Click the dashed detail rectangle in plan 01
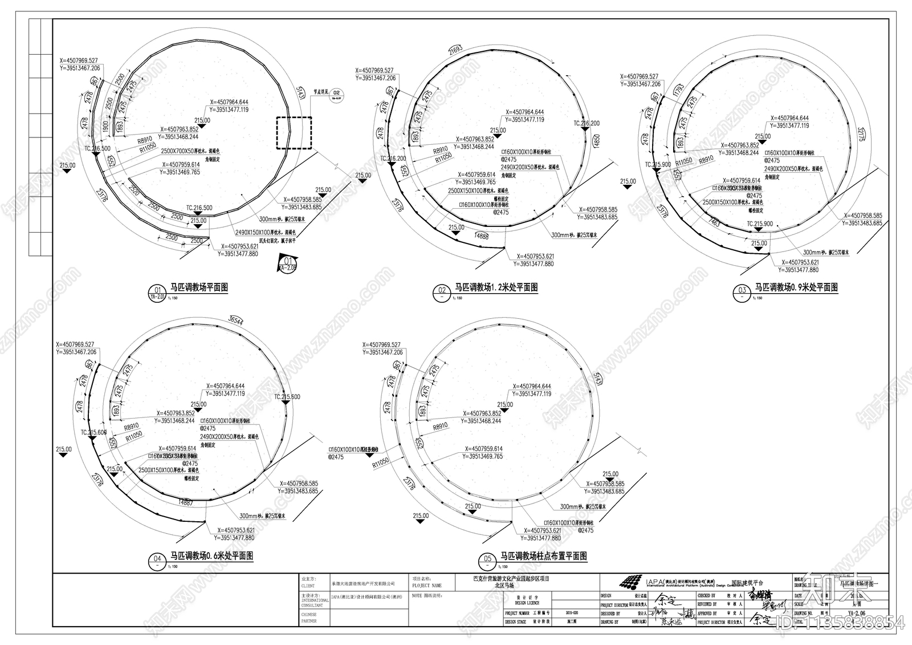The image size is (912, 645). [294, 133]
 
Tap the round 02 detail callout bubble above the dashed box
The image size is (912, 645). [336, 94]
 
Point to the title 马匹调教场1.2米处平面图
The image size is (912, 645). [495, 288]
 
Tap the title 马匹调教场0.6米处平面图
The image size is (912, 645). [211, 556]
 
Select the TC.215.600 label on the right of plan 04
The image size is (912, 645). [287, 397]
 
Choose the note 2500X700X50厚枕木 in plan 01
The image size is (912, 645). [189, 152]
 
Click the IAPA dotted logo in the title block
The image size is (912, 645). [633, 583]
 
